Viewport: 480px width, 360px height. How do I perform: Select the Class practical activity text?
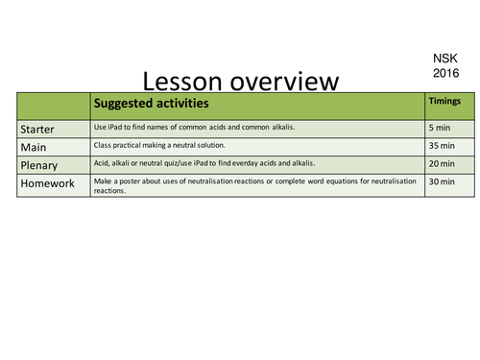click(x=158, y=145)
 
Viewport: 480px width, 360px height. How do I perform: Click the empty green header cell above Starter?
click(x=53, y=104)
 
